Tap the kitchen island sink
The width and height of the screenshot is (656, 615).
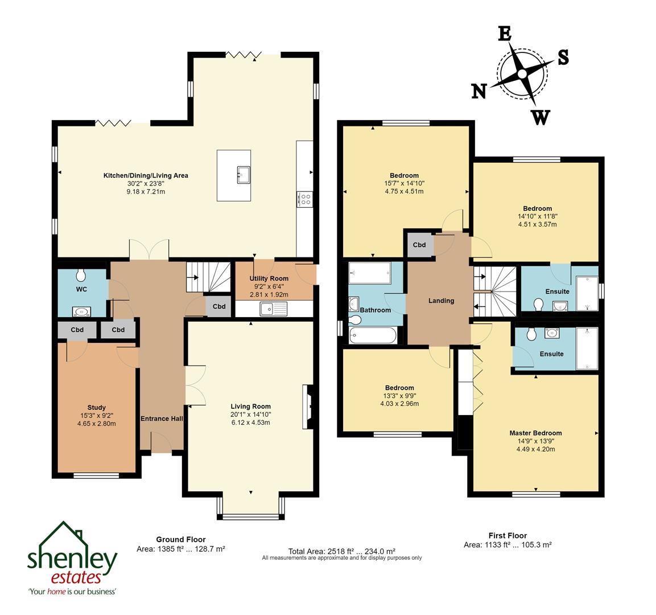click(x=244, y=174)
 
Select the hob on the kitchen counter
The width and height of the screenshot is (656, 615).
click(x=304, y=199)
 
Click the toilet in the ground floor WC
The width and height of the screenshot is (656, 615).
click(x=80, y=276)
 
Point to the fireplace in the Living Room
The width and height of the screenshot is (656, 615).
click(x=307, y=405)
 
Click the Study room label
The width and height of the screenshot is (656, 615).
click(x=96, y=407)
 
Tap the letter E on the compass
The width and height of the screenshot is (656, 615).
click(x=504, y=34)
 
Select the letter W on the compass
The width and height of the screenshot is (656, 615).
click(x=540, y=117)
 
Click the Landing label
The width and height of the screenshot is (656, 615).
click(x=441, y=301)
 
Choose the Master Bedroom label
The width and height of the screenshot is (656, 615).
click(x=535, y=433)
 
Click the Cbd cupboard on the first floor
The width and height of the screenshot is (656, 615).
click(x=419, y=245)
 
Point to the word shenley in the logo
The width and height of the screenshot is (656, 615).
click(x=72, y=559)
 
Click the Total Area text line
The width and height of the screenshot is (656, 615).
click(x=341, y=551)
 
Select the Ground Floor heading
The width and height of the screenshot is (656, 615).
click(x=181, y=539)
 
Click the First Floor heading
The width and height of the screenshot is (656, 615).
click(x=508, y=535)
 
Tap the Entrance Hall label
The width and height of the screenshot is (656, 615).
click(x=162, y=419)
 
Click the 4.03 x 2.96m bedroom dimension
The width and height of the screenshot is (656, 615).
click(x=399, y=404)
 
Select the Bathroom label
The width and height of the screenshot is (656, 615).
click(x=375, y=310)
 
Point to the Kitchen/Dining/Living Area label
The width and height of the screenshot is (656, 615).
click(x=145, y=175)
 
